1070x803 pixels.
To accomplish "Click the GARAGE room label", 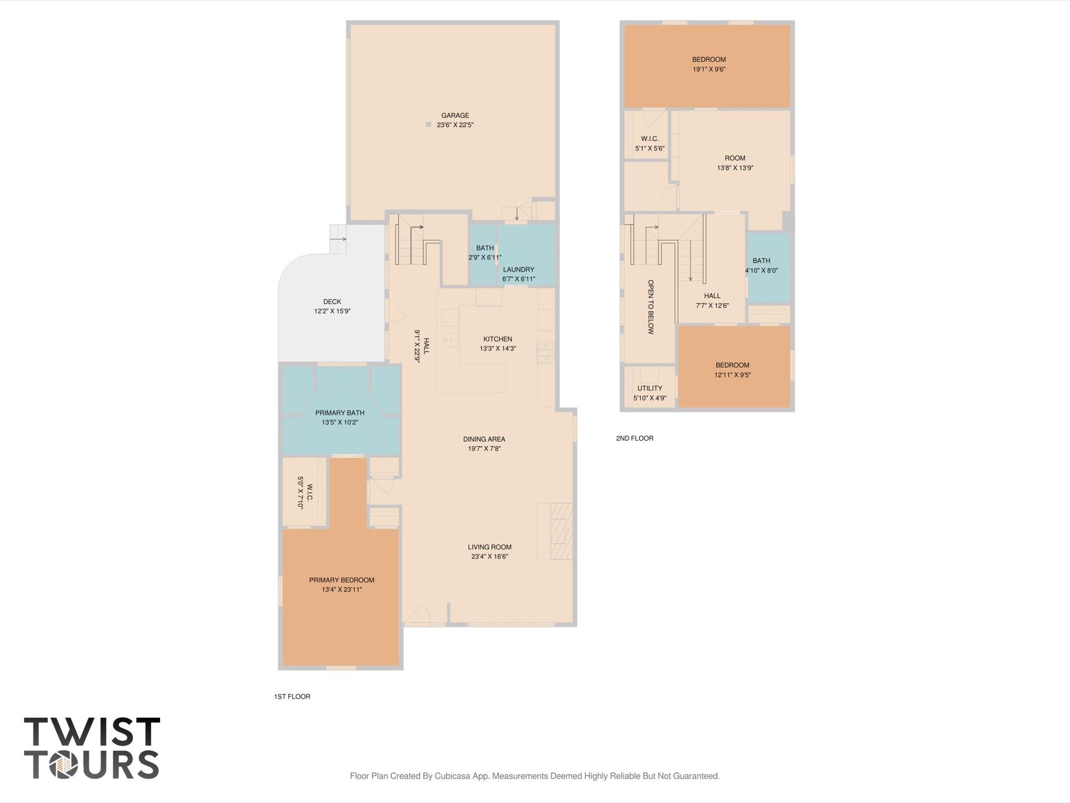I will [x=455, y=115].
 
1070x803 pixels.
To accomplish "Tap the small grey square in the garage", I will [x=428, y=125].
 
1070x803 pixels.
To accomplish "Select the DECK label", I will [x=332, y=301].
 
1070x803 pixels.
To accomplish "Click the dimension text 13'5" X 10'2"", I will [x=340, y=422].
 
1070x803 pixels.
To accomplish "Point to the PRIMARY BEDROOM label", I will [x=341, y=580].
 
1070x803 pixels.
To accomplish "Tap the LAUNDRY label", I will [x=519, y=269].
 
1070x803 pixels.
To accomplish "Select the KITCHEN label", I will [x=498, y=339].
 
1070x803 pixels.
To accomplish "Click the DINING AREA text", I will [x=484, y=439].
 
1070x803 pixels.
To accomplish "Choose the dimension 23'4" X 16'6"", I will [x=489, y=557].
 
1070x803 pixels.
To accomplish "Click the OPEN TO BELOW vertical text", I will [x=651, y=307].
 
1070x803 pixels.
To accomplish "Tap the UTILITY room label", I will [x=650, y=388].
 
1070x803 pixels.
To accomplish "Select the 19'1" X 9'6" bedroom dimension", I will [x=709, y=69].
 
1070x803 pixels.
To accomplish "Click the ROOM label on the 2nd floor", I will [x=735, y=158].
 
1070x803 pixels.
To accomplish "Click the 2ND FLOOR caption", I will [x=635, y=438].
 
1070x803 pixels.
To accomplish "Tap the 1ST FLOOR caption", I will [x=292, y=696].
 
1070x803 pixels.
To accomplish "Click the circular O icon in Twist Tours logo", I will [x=64, y=764].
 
